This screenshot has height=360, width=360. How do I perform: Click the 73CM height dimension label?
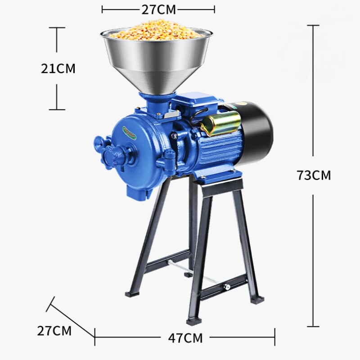[x=314, y=175]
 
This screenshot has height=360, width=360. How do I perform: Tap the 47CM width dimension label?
[x=185, y=338]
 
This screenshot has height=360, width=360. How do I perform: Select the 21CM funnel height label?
[x=58, y=68]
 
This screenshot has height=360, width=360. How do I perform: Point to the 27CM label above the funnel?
[x=158, y=9]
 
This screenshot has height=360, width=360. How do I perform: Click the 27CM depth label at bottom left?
[x=54, y=331]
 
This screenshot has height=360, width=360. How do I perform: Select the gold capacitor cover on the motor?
[x=221, y=123]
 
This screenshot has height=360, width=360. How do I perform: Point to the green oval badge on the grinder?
[x=130, y=133]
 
